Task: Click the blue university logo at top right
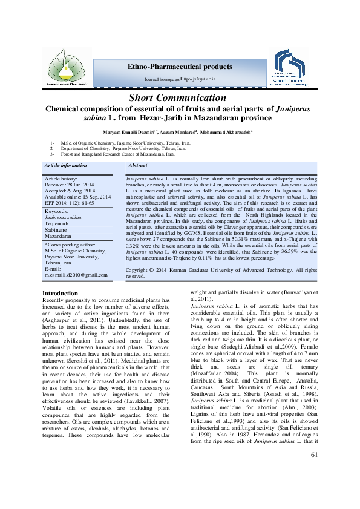292,68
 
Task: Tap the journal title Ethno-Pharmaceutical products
180,66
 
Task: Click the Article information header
65,165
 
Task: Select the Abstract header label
138,165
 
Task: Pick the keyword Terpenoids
59,223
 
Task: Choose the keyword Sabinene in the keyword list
56,230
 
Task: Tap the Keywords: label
57,212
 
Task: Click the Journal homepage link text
180,79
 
